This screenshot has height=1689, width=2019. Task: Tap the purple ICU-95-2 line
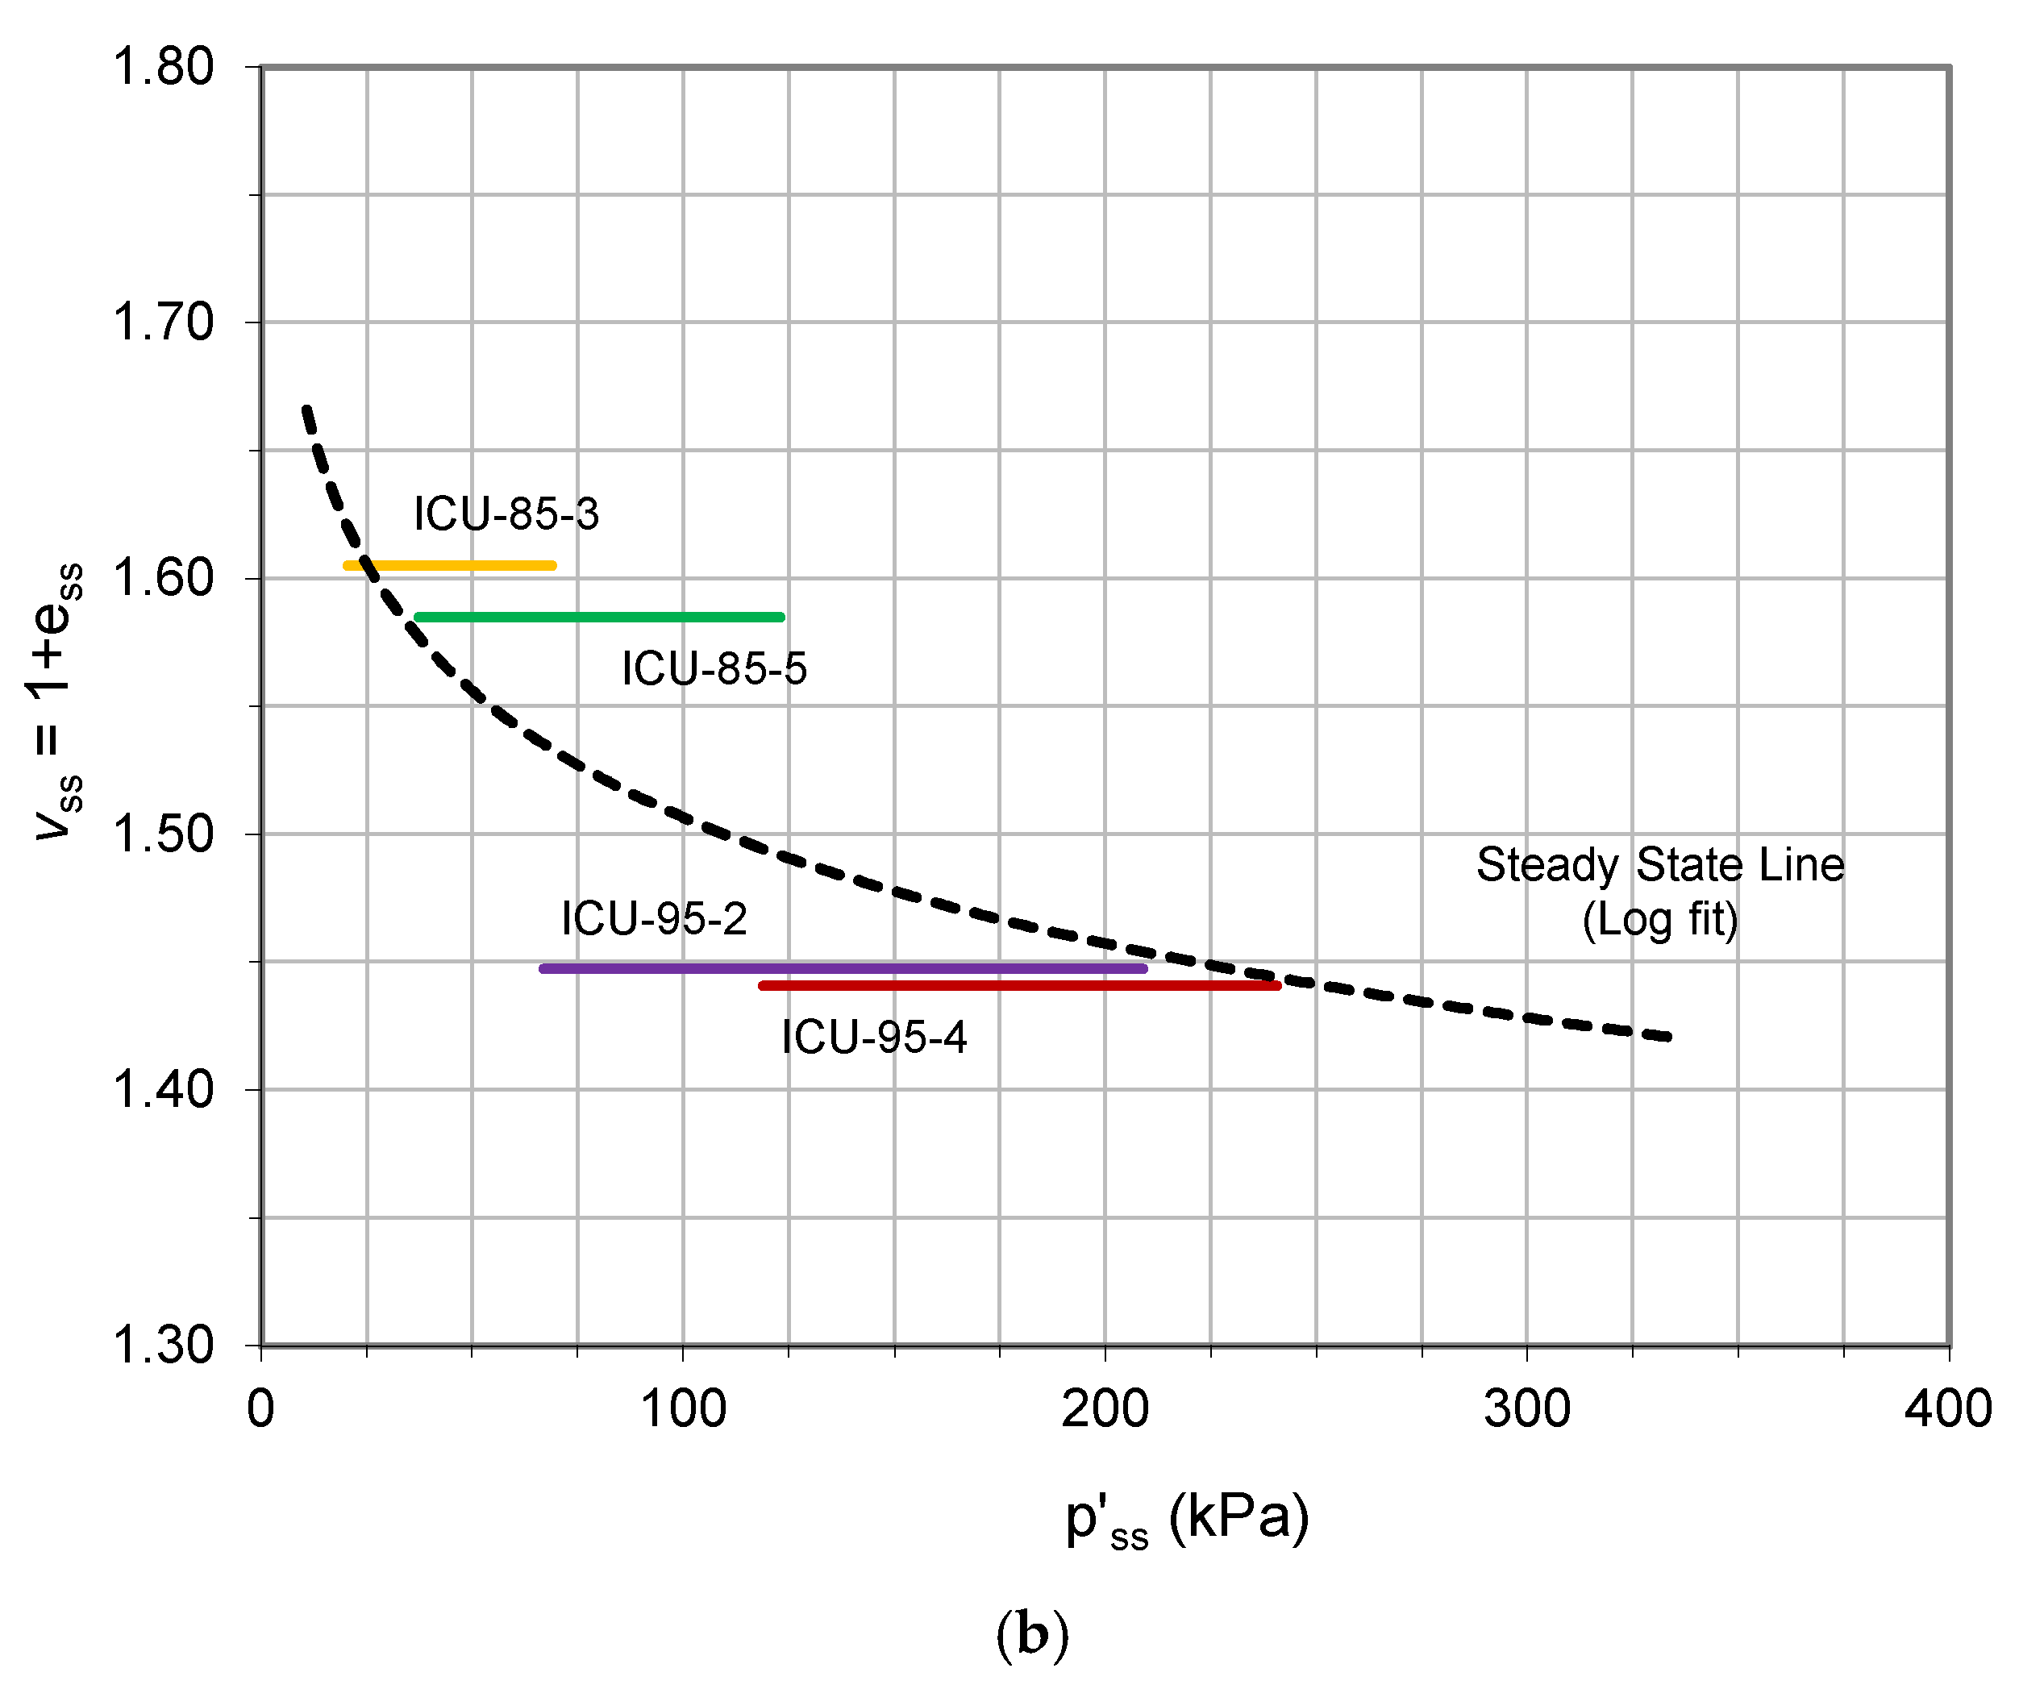(x=843, y=968)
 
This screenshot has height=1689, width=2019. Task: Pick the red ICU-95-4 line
(x=1019, y=985)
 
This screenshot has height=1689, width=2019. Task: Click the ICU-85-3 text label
(x=506, y=514)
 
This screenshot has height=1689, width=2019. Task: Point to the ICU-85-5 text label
(x=714, y=669)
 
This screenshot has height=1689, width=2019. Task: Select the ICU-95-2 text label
(x=654, y=919)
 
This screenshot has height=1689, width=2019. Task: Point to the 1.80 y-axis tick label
(x=164, y=67)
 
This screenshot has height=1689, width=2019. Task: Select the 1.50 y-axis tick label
(x=164, y=834)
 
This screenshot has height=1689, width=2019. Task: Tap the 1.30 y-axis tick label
(x=164, y=1345)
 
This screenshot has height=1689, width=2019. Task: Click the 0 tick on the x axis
(x=260, y=1409)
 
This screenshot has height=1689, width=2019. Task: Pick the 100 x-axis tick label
(x=683, y=1409)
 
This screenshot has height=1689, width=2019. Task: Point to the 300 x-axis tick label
(x=1527, y=1409)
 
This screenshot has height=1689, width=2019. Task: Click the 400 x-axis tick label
(x=1949, y=1409)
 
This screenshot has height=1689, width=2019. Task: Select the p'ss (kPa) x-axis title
(x=1188, y=1520)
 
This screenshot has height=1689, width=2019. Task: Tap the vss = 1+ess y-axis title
(x=56, y=701)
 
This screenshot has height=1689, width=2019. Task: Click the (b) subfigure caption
(x=1031, y=1634)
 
